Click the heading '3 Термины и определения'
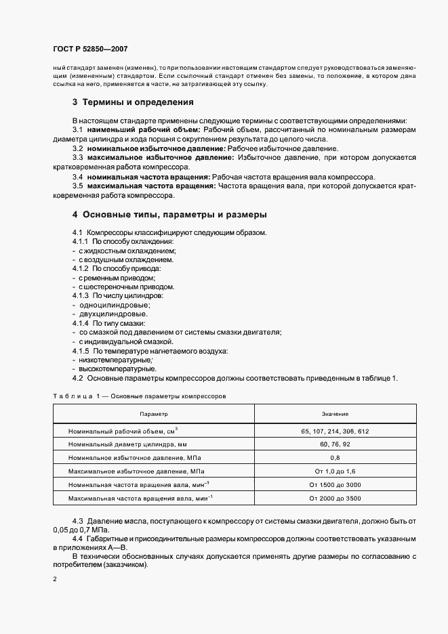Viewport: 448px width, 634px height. coord(134,103)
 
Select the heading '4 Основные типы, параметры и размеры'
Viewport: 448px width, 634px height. coord(169,215)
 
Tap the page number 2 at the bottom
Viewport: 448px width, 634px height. coord(55,579)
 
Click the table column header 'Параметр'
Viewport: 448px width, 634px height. coord(154,413)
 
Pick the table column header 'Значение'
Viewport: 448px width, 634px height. coord(335,413)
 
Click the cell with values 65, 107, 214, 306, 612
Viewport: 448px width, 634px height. coord(335,431)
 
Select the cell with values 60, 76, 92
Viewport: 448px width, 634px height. coord(335,444)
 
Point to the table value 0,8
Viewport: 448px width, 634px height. coord(335,458)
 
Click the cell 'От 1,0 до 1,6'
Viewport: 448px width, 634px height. coord(335,471)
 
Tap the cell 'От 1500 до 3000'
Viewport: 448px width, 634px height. coord(335,484)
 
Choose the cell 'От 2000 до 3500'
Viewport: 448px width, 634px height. coord(335,499)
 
